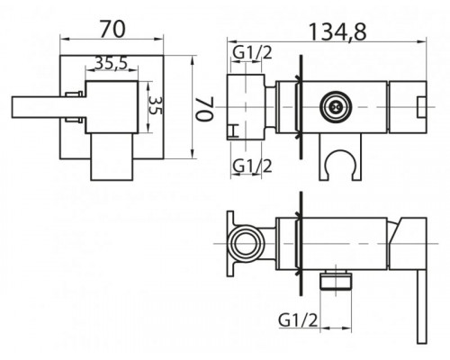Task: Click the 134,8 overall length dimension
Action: pos(337,31)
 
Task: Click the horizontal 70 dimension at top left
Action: pos(112,29)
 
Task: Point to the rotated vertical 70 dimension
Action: pos(204,108)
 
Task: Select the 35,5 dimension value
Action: pos(112,63)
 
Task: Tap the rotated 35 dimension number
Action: pos(156,105)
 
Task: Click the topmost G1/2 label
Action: pos(253,53)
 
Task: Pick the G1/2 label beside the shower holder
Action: pos(253,166)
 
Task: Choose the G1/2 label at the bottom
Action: pos(298,320)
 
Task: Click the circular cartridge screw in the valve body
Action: pos(336,107)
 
